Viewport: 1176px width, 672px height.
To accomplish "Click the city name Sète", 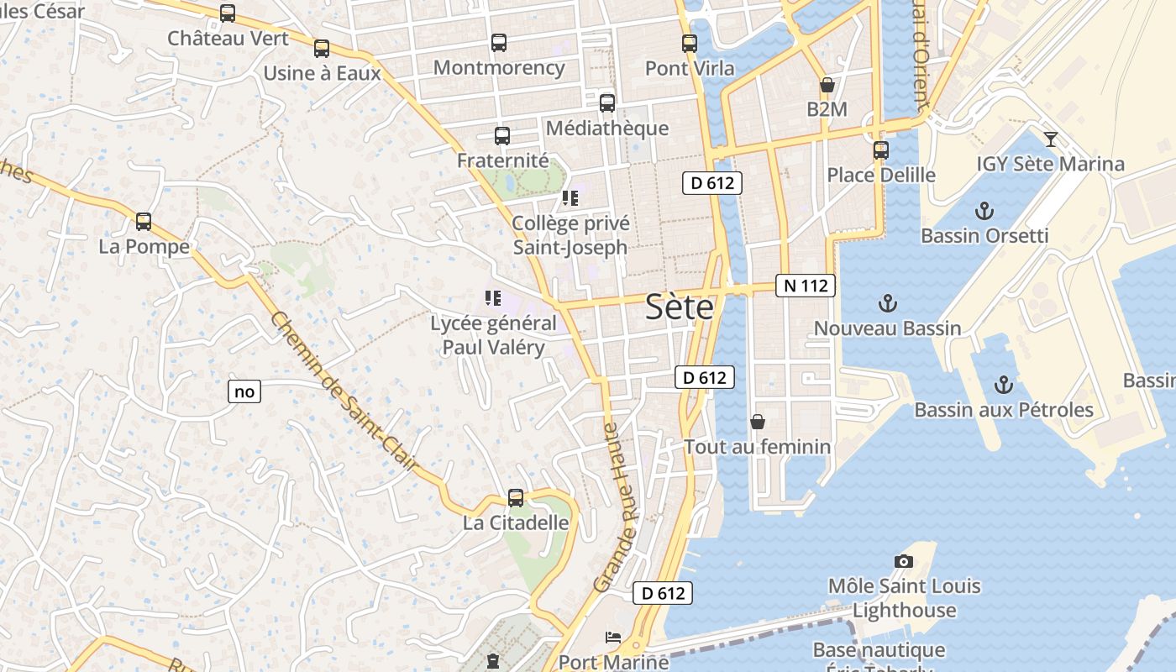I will [680, 307].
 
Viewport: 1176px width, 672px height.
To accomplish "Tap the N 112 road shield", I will [805, 286].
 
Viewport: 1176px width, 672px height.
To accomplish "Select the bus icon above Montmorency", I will [499, 43].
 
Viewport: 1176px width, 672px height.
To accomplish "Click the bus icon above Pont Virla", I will [690, 44].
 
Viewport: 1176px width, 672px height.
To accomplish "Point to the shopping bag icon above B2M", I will [827, 85].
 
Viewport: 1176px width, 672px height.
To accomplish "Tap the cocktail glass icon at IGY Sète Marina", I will [1050, 139].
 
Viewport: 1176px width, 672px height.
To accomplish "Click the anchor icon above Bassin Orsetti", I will [984, 211].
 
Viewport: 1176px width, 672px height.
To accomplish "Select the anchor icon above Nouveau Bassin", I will [887, 303].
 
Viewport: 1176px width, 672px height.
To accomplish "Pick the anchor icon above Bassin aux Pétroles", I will [1003, 385].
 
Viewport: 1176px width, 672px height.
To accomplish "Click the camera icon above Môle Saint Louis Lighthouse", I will [904, 561].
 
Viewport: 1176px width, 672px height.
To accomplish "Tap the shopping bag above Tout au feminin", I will [757, 422].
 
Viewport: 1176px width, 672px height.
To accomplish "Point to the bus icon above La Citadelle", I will [516, 498].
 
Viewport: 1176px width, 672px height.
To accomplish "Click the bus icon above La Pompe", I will [144, 222].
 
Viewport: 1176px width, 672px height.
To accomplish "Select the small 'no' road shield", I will [244, 391].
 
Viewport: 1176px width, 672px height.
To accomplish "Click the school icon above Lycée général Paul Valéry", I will [493, 298].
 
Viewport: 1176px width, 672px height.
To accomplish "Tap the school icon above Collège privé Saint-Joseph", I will [570, 199].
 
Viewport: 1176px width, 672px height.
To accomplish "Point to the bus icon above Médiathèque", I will [606, 103].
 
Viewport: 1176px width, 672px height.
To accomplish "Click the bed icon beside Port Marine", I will [613, 638].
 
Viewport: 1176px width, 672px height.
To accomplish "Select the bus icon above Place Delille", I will [880, 150].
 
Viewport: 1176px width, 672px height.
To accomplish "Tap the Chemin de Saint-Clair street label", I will [345, 391].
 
